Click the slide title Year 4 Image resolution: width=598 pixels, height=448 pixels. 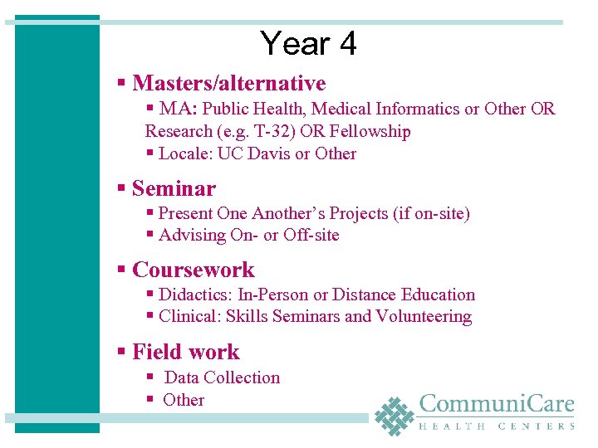coord(307,43)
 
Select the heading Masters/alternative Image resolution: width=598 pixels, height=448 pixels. coord(228,84)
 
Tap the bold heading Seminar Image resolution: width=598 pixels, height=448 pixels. coord(174,189)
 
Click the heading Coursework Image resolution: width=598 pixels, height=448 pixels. coord(194,270)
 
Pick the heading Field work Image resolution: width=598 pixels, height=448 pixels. coord(185,353)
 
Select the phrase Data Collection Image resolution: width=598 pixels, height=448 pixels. coord(223,378)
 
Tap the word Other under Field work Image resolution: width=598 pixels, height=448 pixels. coord(184,400)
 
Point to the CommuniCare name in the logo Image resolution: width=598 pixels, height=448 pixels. coord(497,405)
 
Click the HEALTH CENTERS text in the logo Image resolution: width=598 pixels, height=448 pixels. coord(497,426)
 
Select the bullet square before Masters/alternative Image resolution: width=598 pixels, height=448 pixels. coord(121,84)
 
